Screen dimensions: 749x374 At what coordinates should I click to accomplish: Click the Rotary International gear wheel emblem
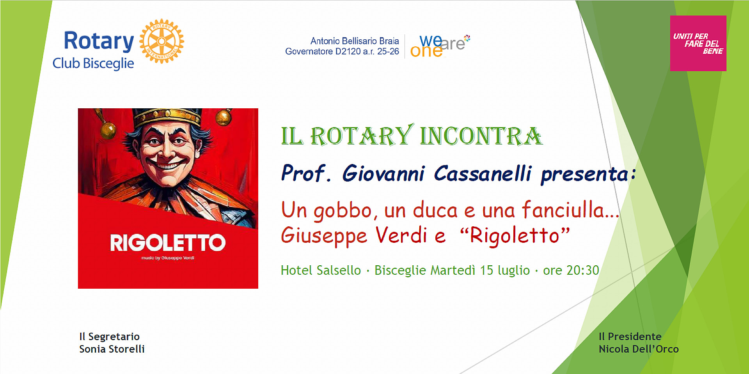(162, 41)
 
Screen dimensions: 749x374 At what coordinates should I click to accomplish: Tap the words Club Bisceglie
(93, 63)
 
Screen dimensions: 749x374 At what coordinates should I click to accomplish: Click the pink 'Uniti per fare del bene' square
(698, 43)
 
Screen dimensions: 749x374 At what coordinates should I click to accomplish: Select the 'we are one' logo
(440, 46)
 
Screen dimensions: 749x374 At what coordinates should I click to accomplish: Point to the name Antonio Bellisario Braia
(355, 41)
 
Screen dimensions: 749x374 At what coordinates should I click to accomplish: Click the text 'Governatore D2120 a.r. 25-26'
(342, 51)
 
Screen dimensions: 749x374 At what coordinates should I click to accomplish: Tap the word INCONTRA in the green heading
(481, 136)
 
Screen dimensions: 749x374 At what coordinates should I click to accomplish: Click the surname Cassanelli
(483, 173)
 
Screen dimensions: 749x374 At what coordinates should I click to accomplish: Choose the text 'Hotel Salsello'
(321, 270)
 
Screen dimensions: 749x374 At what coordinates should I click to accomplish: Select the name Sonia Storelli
(112, 349)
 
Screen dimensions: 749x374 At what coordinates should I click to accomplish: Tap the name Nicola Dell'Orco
(639, 349)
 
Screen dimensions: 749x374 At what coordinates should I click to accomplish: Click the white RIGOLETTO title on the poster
(168, 243)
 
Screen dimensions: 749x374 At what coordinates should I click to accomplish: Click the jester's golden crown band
(167, 116)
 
